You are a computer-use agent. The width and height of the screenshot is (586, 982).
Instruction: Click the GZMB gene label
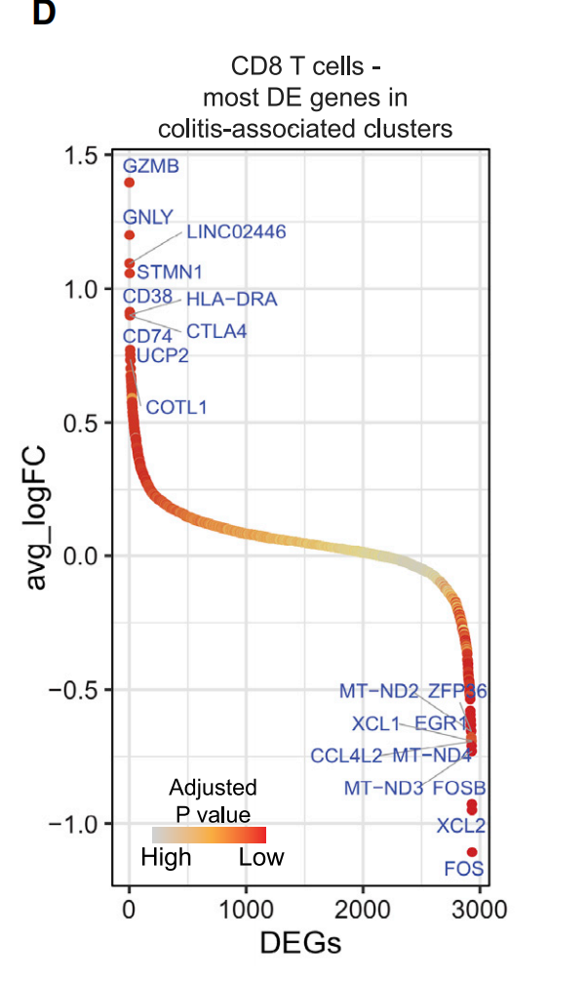click(151, 166)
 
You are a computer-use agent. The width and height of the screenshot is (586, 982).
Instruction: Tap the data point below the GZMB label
click(130, 183)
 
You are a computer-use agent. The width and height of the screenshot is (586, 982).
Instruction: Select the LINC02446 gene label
click(236, 231)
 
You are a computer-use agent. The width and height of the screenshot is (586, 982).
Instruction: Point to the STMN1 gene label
click(170, 272)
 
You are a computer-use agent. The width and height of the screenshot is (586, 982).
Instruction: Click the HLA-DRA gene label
click(231, 300)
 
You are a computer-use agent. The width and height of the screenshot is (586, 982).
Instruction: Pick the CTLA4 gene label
click(216, 331)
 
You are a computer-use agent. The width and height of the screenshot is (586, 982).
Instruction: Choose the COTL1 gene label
click(176, 408)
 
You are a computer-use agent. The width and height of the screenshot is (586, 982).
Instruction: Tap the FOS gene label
click(463, 869)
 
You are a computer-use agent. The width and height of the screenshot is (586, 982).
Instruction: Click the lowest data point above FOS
click(472, 852)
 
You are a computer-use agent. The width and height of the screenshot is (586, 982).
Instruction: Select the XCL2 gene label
click(461, 826)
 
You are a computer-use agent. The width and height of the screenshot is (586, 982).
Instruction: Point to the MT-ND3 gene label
click(383, 788)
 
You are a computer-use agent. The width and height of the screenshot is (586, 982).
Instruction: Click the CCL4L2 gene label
click(346, 756)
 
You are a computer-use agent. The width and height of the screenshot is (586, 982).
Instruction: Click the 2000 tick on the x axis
click(363, 910)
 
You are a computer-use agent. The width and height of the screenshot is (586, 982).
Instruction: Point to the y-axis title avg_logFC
click(36, 517)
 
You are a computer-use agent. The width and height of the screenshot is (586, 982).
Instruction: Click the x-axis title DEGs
click(301, 943)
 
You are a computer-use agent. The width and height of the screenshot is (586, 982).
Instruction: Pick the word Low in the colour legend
click(261, 857)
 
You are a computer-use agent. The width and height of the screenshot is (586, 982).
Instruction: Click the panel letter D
click(45, 13)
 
